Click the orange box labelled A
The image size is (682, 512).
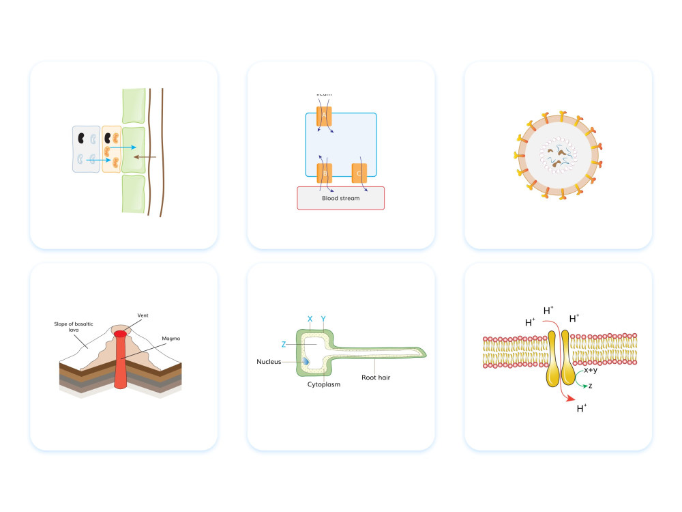point(324,115)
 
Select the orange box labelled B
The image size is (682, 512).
point(324,174)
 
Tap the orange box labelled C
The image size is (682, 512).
point(359,174)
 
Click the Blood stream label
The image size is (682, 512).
point(340,199)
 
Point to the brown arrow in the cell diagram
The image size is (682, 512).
point(145,157)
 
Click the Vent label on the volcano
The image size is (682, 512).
point(143,315)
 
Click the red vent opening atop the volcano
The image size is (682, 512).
point(121,334)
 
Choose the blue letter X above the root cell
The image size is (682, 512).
point(310,319)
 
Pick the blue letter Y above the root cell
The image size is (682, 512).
point(323,319)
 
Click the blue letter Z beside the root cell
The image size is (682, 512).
point(283,344)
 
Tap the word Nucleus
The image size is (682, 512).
point(269,361)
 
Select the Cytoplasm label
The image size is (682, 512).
point(324,384)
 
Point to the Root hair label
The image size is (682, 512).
point(376,376)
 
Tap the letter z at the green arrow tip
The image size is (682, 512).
point(590,385)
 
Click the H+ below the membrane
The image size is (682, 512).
point(582,409)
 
